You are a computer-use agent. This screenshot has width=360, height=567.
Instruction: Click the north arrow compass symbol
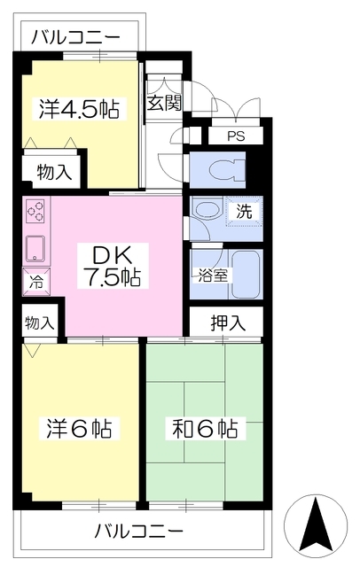click(x=316, y=525)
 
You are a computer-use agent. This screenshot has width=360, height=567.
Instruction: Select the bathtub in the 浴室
click(x=246, y=275)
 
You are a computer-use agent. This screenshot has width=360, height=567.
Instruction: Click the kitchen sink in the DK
click(x=35, y=248)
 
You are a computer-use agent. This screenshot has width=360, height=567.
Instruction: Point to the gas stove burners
click(x=35, y=212)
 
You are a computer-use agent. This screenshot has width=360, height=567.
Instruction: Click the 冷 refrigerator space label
click(x=35, y=282)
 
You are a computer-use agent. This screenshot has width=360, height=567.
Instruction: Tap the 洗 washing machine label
click(x=244, y=211)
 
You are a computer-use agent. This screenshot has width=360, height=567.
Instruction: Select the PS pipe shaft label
click(x=236, y=136)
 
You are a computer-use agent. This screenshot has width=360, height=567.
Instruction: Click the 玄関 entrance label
click(x=164, y=104)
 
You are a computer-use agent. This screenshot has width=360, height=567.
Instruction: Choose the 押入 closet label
click(x=228, y=322)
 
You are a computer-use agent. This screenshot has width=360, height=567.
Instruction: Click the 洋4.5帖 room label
click(x=79, y=108)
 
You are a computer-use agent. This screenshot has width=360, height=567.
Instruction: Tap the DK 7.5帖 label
click(x=113, y=265)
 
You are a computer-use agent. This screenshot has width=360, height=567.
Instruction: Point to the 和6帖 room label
click(x=205, y=429)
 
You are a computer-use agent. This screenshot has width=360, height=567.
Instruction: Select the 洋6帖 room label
click(x=79, y=429)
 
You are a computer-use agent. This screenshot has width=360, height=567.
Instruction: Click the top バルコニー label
click(x=75, y=37)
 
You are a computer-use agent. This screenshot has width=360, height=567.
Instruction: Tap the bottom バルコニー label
click(x=139, y=532)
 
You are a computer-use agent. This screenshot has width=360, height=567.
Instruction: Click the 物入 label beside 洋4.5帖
click(x=55, y=172)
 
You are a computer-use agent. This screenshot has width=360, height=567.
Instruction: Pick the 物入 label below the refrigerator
click(x=39, y=322)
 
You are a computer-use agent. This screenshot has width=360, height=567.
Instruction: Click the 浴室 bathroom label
click(x=213, y=276)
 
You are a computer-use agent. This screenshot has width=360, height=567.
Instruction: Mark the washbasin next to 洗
click(x=207, y=209)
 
